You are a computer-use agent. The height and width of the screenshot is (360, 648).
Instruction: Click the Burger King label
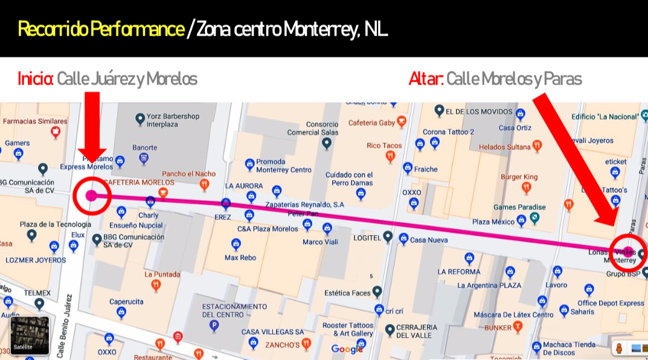pyautogui.click(x=519, y=177)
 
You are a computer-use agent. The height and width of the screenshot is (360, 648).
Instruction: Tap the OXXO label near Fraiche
pyautogui.click(x=411, y=193)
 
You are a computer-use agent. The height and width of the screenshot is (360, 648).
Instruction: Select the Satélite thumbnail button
pyautogui.click(x=30, y=335)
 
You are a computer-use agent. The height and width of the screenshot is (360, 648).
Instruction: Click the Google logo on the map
pyautogui.click(x=347, y=349)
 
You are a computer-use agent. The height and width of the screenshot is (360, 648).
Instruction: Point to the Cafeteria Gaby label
pyautogui.click(x=371, y=123)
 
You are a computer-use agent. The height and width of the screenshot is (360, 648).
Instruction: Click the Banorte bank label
pyautogui.click(x=144, y=147)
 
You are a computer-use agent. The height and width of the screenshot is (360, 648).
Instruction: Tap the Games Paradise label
pyautogui.click(x=519, y=207)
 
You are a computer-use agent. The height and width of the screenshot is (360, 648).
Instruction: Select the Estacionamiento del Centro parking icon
pyautogui.click(x=213, y=326)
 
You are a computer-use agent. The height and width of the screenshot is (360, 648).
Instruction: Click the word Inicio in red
pyautogui.click(x=36, y=79)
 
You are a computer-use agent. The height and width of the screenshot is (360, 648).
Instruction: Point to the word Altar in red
pyautogui.click(x=426, y=79)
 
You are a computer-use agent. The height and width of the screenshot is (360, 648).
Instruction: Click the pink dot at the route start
pyautogui.click(x=91, y=195)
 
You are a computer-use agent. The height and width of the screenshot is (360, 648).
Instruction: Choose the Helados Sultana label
pyautogui.click(x=505, y=147)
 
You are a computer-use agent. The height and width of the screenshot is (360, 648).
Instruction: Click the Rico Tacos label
pyautogui.click(x=384, y=146)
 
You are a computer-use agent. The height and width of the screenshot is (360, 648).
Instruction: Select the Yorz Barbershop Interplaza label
pyautogui.click(x=173, y=120)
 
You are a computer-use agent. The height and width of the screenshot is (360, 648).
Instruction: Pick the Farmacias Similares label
pyautogui.click(x=35, y=121)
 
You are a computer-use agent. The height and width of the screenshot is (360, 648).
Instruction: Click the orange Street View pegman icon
pyautogui.click(x=619, y=348)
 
